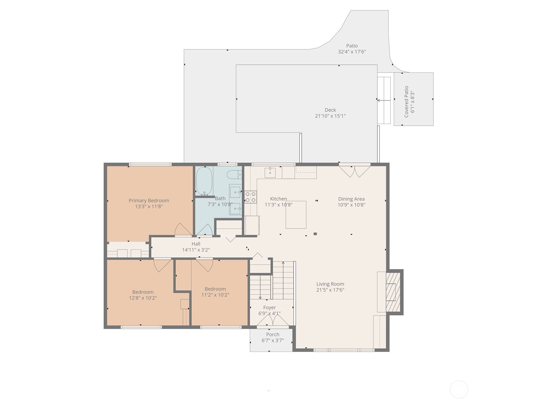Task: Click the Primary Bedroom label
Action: pyautogui.click(x=149, y=200)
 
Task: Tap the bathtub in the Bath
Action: pyautogui.click(x=204, y=181)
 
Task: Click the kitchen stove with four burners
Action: pyautogui.click(x=250, y=197)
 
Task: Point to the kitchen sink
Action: pyautogui.click(x=270, y=173)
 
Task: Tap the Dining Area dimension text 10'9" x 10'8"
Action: pyautogui.click(x=351, y=205)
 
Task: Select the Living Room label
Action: pyautogui.click(x=330, y=284)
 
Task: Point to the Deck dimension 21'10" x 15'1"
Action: pyautogui.click(x=330, y=116)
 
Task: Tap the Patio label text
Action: pyautogui.click(x=352, y=46)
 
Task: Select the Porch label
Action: pyautogui.click(x=273, y=334)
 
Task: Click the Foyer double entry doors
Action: pyautogui.click(x=273, y=322)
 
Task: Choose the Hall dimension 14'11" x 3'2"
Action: pyautogui.click(x=196, y=250)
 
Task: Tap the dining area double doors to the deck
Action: pyautogui.click(x=354, y=171)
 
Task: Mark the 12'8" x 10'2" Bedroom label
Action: pyautogui.click(x=143, y=292)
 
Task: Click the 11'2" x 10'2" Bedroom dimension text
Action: pyautogui.click(x=215, y=295)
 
